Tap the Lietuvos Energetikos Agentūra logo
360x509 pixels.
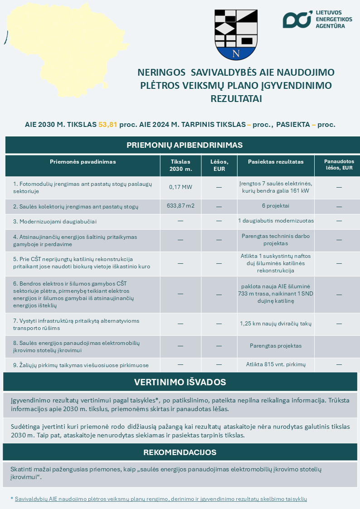313,19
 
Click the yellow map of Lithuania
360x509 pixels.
59,45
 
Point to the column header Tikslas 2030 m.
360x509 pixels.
180,165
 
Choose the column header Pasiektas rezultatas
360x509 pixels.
276,162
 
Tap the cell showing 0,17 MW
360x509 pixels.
180,187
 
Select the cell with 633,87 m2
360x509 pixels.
180,206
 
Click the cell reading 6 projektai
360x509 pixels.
276,206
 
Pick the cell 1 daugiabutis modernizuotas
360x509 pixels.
276,221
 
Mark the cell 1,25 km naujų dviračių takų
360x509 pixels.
276,324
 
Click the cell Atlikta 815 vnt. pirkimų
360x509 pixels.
276,364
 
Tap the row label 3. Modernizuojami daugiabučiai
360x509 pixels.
55,221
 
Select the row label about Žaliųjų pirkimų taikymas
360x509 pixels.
81,365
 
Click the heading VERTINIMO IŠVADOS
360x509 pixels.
180,382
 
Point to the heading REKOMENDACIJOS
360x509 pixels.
180,452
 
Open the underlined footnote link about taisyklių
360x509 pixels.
161,499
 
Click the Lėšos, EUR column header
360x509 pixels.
219,165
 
